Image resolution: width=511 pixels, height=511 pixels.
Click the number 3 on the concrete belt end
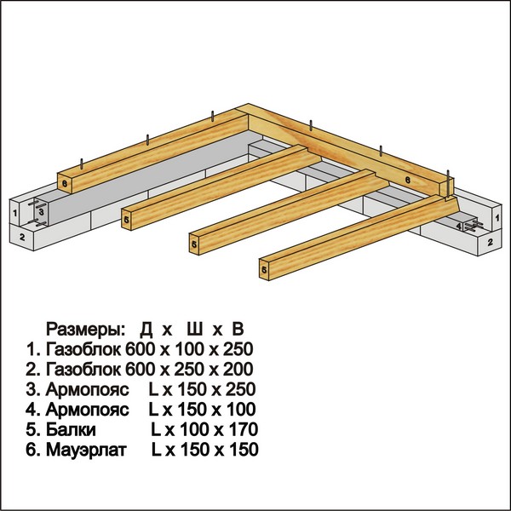(x=41, y=211)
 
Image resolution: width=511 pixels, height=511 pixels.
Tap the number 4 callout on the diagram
(x=458, y=226)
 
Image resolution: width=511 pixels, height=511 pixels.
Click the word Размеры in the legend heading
(x=85, y=329)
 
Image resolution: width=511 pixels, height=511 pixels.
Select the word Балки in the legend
(x=71, y=429)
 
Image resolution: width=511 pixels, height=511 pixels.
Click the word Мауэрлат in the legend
(x=86, y=450)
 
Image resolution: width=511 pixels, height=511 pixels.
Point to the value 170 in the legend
(x=244, y=429)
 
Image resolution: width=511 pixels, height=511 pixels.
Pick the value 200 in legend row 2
(x=238, y=369)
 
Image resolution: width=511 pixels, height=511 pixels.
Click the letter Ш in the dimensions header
(x=195, y=329)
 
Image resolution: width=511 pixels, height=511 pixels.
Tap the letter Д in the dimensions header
(x=146, y=330)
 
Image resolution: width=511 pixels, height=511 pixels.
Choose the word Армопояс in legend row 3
(x=88, y=389)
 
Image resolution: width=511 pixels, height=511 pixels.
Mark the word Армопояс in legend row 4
(x=88, y=410)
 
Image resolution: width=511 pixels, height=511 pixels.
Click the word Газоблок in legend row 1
(x=83, y=349)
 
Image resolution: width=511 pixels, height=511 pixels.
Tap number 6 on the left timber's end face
(x=65, y=183)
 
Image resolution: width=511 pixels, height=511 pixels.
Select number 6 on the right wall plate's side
(x=407, y=180)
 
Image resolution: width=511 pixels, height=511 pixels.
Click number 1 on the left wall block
(x=15, y=214)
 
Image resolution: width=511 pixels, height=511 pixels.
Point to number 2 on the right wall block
(x=491, y=242)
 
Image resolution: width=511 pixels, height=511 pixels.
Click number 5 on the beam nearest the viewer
(x=264, y=269)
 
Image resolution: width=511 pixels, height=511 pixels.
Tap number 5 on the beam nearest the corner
(x=126, y=220)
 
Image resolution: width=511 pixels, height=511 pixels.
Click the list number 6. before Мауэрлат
(x=33, y=450)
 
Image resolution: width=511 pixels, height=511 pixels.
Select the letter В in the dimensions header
(x=238, y=329)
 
